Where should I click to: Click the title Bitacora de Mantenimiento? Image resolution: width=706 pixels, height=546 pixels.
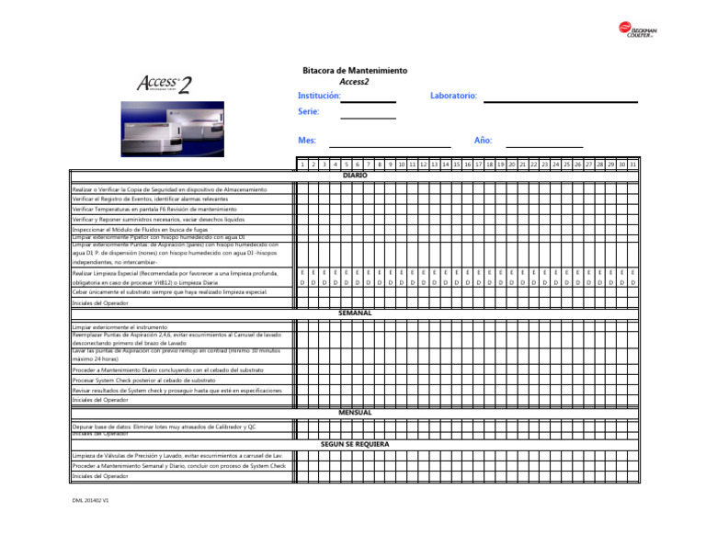355,71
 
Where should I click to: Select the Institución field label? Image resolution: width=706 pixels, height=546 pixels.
319,96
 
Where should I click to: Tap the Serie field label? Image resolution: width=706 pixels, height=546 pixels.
309,112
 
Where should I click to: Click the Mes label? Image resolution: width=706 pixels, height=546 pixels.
307,141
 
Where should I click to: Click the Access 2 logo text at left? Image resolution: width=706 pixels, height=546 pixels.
165,85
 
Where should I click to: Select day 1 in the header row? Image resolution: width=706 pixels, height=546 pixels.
302,165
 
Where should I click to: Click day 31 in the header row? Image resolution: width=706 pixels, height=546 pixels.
633,165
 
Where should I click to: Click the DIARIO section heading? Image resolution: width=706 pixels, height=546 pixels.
355,175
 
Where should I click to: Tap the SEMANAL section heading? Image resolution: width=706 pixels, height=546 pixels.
355,313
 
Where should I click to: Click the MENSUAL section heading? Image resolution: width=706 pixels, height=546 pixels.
355,413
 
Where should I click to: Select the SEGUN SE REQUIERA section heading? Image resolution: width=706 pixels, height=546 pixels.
355,444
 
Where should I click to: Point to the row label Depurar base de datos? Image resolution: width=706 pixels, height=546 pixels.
164,427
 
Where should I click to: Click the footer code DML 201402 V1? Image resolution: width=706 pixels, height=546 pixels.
91,501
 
